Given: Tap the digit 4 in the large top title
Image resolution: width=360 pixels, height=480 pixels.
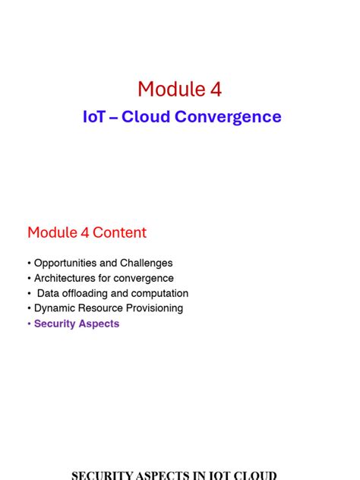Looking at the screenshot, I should (x=216, y=90).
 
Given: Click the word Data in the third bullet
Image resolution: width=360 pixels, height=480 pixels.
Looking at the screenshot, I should (x=48, y=293).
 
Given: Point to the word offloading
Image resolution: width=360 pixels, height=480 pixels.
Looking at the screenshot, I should (x=87, y=293).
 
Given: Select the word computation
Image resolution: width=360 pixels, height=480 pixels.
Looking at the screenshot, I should (x=159, y=293).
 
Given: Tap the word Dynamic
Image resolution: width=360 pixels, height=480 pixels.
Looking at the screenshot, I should (x=54, y=308).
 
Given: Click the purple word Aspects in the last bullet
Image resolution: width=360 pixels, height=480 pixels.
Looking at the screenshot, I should (x=99, y=324).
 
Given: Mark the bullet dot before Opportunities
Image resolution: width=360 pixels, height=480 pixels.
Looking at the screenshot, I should (x=29, y=263).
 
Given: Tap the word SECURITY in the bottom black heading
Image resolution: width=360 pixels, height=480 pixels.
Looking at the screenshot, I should (x=103, y=475).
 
